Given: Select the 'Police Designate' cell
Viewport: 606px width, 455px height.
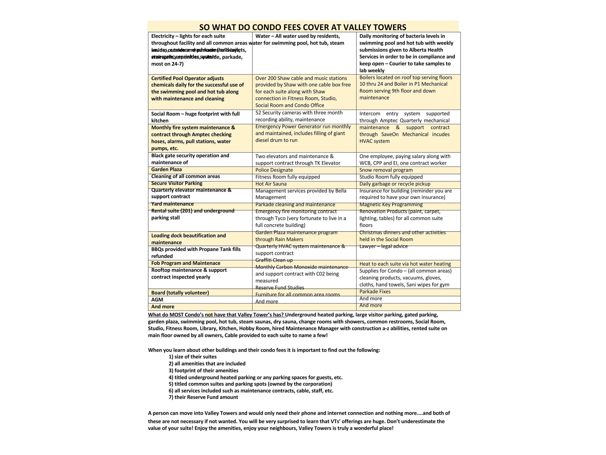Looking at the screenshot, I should pos(274,170).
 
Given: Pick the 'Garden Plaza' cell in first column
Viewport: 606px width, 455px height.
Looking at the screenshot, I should pos(166,169).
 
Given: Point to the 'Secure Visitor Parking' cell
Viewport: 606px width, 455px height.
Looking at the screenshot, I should pos(177,183).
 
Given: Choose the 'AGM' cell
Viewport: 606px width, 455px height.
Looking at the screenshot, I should pos(157,300).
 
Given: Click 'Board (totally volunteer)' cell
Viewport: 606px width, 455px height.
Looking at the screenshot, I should pos(180,293).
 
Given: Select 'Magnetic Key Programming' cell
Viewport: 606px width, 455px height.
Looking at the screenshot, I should pos(391,205).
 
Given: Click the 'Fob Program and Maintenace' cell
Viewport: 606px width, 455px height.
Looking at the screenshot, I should pos(186,263).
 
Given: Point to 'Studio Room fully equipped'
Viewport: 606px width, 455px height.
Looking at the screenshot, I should pos(391,177).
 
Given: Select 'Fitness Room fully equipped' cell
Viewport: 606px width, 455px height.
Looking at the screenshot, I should pos(288,177).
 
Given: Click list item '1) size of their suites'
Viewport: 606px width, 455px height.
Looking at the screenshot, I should pos(193,356).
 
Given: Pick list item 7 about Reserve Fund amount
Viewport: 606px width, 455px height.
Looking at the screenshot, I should pos(203,397).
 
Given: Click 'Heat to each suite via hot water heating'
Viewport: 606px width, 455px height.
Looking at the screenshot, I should pos(405,264).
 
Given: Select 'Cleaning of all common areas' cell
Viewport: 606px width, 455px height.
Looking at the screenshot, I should pos(185,176).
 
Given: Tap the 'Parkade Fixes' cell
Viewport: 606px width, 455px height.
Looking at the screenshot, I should pos(375,291).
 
